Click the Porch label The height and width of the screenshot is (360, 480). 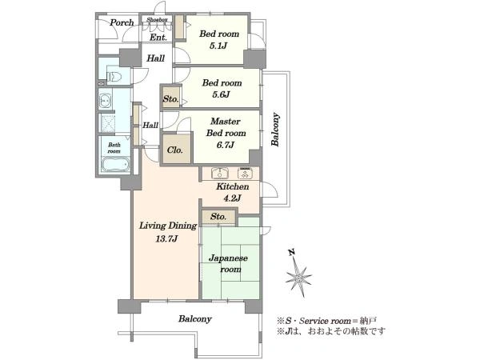[122, 22]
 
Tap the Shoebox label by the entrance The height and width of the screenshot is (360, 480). [157, 19]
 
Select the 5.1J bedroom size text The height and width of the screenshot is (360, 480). [218, 46]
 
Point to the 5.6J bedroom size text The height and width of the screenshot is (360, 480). [221, 94]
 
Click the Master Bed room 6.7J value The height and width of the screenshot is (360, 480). [226, 145]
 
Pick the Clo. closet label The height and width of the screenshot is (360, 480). [174, 150]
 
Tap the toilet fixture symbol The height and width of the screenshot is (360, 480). [114, 76]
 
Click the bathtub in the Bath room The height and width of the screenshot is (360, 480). [115, 164]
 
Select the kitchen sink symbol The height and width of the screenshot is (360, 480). [220, 173]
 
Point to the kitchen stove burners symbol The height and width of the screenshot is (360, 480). [245, 174]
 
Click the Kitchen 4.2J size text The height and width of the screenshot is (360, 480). [232, 198]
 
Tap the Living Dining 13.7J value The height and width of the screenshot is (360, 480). [166, 238]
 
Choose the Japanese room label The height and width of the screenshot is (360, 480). [228, 263]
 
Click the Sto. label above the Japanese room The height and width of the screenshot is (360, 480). [218, 217]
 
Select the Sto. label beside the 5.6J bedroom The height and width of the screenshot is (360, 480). [170, 99]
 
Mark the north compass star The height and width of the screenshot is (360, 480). [298, 277]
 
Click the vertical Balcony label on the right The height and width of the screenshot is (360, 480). [275, 130]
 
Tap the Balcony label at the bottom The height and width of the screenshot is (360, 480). [195, 319]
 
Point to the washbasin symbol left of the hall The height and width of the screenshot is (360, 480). [105, 101]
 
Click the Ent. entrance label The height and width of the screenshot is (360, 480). [158, 38]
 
